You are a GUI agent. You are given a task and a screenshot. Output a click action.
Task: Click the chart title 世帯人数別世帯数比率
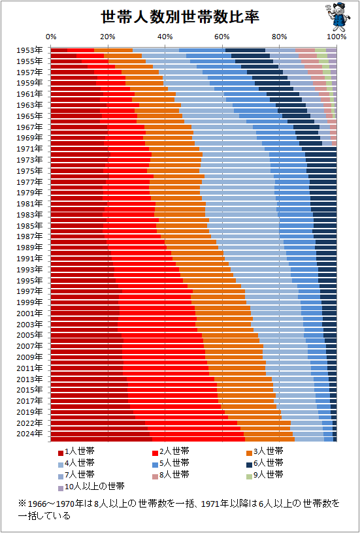coord(180,17)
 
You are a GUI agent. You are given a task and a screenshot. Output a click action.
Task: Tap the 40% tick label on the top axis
coord(165,37)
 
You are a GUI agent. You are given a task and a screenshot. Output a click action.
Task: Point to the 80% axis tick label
coord(279,37)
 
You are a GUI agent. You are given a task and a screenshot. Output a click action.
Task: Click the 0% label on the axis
coord(51,37)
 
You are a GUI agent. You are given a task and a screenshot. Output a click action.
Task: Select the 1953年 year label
coord(29,50)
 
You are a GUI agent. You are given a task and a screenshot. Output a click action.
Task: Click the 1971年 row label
coord(29,148)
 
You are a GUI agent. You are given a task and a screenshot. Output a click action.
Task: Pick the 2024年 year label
coord(29,434)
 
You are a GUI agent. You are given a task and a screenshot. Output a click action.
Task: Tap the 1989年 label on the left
coord(29,247)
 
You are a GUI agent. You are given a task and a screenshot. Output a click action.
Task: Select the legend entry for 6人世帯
coord(265,462)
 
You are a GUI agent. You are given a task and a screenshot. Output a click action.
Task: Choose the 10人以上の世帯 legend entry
coord(91,487)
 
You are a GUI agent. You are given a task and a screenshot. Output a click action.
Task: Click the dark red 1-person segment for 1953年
coord(59,50)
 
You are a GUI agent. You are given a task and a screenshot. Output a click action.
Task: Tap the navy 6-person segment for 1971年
coord(319,148)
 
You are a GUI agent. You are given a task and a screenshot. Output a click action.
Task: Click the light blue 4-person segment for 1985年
coord(243,225)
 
